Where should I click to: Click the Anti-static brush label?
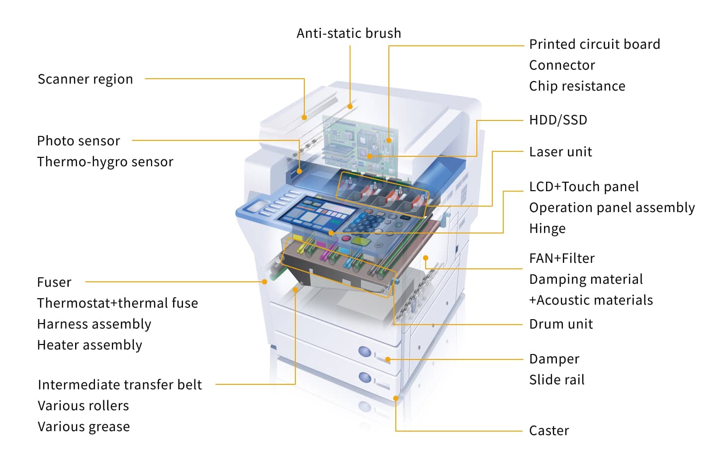coord(349,33)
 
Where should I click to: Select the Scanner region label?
coord(85,79)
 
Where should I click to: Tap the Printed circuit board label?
coord(594,44)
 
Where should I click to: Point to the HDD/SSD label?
coord(558,120)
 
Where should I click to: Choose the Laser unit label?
coord(560,152)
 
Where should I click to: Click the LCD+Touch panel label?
coord(584,187)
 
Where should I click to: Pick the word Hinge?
coord(547,229)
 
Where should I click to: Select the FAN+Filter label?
coord(562,258)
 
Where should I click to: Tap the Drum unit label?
coord(561,324)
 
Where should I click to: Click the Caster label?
coord(549,431)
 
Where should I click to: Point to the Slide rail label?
coord(556,380)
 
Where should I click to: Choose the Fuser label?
coord(54,282)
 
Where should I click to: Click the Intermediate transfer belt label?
coord(120,385)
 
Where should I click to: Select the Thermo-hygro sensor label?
coord(105,162)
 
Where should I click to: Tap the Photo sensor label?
coord(79,141)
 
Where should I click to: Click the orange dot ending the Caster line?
coord(396,398)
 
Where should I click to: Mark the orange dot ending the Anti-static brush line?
coord(350,106)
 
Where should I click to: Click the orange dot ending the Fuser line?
coord(265,282)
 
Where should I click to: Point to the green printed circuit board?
coord(358,139)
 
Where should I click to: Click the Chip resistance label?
coord(577,86)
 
